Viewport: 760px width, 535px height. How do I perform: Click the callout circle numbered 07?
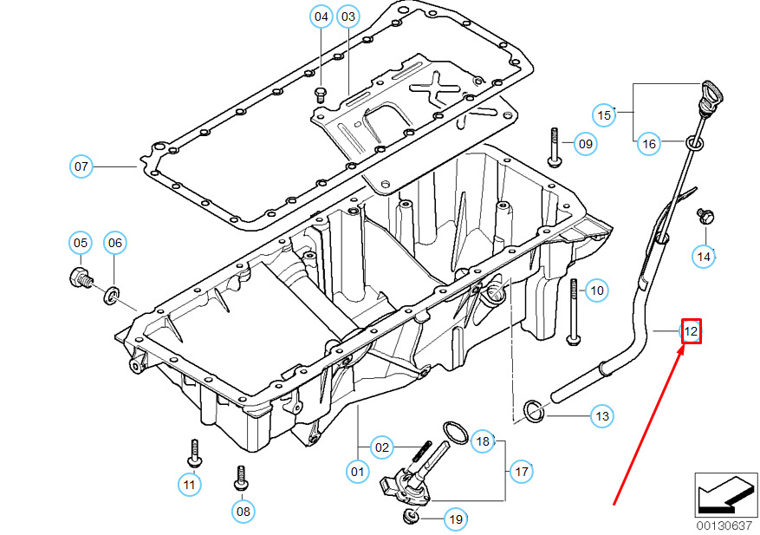[81, 165]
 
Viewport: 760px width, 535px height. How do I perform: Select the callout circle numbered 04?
[322, 16]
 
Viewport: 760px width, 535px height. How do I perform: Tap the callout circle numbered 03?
[348, 16]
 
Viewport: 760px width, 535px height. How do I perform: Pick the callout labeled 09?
[585, 143]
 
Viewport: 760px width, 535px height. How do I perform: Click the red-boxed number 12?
[691, 330]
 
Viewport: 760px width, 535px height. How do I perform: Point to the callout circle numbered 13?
[601, 416]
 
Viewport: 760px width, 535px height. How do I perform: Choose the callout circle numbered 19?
[455, 519]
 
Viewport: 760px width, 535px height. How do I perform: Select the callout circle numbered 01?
[356, 471]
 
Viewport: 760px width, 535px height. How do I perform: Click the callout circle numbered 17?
[521, 472]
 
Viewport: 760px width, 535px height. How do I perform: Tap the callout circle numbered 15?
[604, 114]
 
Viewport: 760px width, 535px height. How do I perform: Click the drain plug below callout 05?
[79, 279]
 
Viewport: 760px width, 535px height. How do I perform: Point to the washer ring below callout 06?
[112, 297]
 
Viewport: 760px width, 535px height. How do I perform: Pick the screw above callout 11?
[192, 452]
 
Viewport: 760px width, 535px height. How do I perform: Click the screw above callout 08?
[242, 478]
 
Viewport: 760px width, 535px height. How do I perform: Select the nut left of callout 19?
[412, 518]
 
